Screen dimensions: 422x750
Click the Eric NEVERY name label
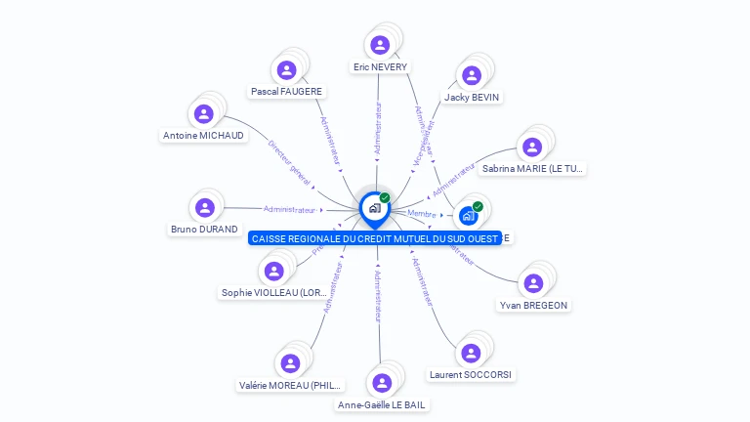point(381,67)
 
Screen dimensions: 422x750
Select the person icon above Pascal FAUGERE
point(286,69)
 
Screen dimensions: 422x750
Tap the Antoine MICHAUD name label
point(203,136)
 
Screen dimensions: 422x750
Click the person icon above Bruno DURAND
point(204,207)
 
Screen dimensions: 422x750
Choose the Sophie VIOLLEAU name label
point(273,292)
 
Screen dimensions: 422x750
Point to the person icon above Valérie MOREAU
point(290,363)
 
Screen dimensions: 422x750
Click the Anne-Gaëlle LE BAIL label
point(382,404)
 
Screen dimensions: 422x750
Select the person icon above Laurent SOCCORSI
point(471,353)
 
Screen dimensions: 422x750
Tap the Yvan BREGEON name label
point(533,305)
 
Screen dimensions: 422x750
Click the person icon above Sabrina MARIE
point(532,147)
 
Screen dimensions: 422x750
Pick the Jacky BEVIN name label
point(472,98)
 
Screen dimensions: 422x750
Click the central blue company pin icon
point(374,208)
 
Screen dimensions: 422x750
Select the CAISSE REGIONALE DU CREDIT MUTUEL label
point(374,238)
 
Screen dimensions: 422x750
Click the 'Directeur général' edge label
point(289,163)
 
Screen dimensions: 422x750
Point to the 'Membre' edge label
point(422,214)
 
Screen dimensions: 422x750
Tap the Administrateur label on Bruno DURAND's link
point(290,209)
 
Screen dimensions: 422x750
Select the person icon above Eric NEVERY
point(380,45)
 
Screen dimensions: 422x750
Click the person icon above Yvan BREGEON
point(533,283)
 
